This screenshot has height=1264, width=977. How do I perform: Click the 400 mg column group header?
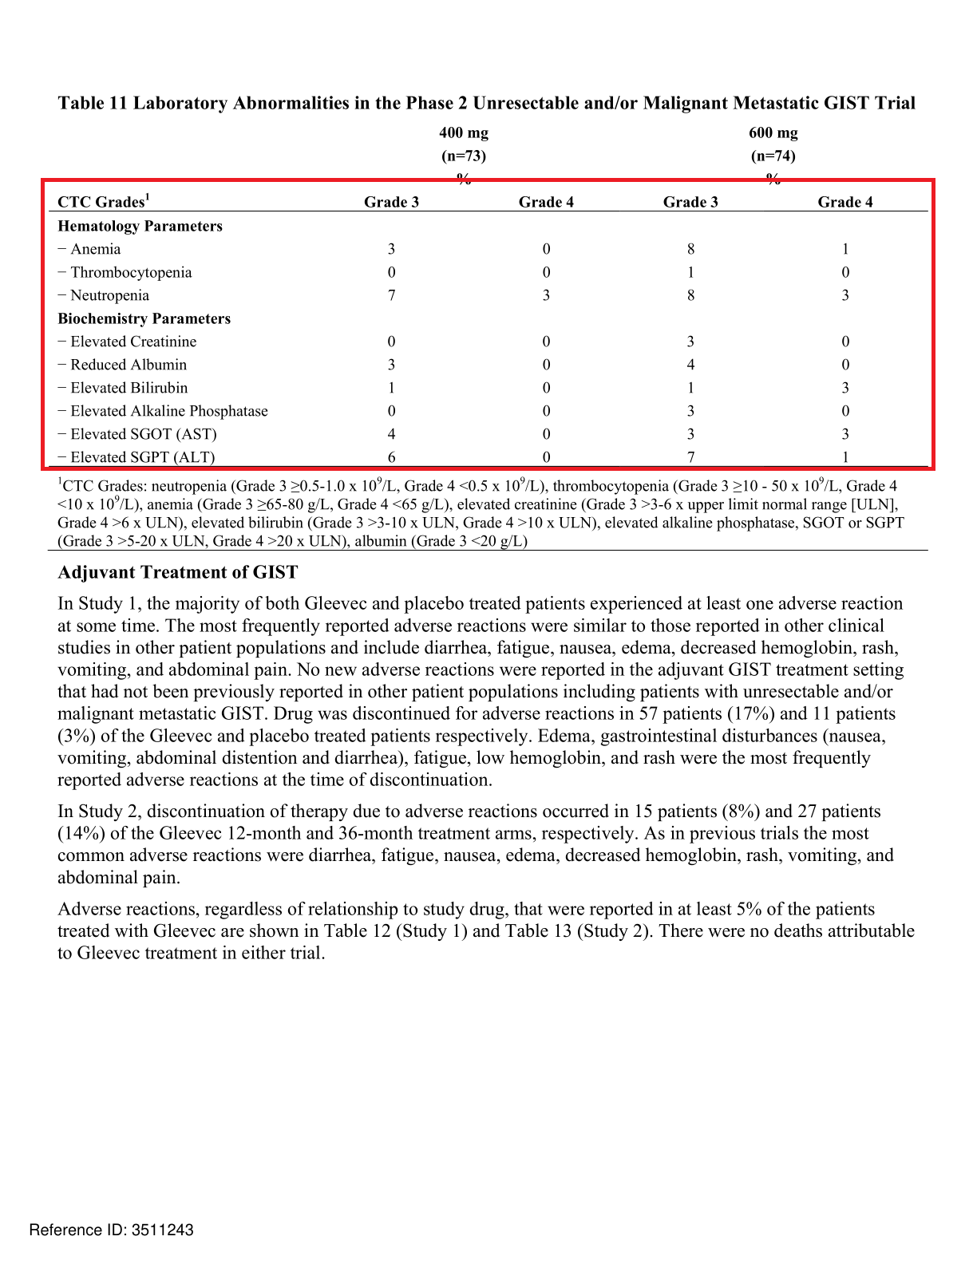coord(463,133)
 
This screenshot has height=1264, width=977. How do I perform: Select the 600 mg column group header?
coord(773,133)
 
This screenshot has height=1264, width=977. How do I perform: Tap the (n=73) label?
coord(463,156)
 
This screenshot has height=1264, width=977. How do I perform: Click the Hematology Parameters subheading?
coord(140,226)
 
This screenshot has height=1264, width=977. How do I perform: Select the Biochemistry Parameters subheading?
coord(144,318)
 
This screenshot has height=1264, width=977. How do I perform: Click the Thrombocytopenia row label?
coord(131,272)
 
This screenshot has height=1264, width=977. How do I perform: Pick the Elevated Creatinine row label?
coord(133,342)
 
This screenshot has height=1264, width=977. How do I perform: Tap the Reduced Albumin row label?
coord(129,365)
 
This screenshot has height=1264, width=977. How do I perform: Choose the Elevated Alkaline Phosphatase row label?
coord(169,411)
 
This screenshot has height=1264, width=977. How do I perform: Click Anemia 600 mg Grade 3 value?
coord(690,249)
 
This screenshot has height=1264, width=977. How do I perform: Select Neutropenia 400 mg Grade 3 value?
coord(391,295)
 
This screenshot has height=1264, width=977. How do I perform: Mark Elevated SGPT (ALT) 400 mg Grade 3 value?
coord(391,457)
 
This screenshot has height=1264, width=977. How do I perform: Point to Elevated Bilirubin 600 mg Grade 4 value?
coord(844,388)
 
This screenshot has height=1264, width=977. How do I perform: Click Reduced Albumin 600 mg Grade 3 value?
coord(690,365)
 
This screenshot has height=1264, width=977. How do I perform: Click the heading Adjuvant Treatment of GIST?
coord(177,572)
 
